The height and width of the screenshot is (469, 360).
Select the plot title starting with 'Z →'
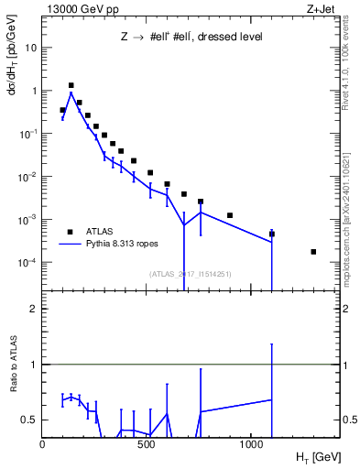[x=191, y=38]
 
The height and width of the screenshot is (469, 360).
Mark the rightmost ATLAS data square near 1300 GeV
[x=313, y=252]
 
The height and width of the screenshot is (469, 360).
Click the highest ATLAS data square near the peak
[x=71, y=85]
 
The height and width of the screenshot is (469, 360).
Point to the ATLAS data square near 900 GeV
[x=230, y=215]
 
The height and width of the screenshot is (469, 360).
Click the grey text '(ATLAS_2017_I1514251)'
[x=190, y=274]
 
